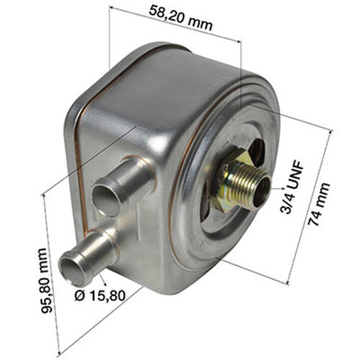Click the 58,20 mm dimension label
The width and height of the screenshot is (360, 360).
181,18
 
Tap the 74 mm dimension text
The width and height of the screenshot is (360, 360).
319,204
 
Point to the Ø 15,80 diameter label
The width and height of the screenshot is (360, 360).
100,295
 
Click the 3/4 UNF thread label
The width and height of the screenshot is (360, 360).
292,188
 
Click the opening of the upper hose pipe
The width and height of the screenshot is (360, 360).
107,200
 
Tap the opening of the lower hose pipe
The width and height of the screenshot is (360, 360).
73,269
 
